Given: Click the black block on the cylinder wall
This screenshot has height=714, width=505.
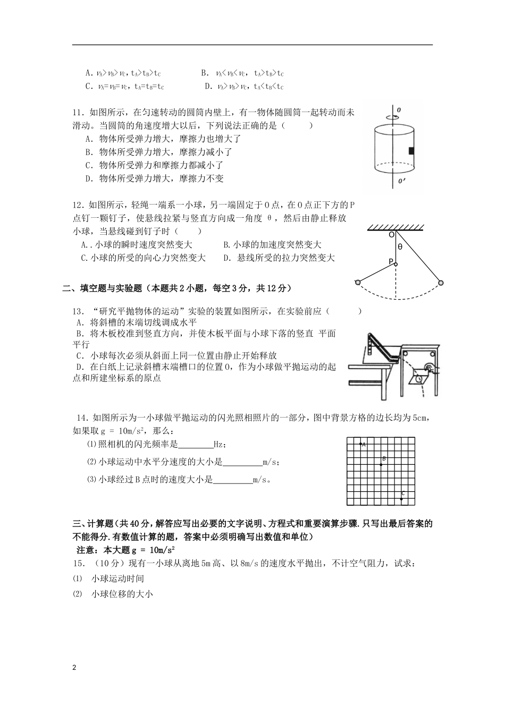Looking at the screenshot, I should [x=411, y=151].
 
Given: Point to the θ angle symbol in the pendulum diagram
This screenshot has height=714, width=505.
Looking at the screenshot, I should [x=400, y=247].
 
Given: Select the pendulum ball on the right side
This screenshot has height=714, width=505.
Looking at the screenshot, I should [x=441, y=282].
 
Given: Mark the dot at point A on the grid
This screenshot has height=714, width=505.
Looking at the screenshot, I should [x=360, y=444].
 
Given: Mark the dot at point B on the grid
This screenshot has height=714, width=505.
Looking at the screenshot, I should [x=381, y=465].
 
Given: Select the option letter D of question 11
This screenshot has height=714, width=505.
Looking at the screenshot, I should [x=89, y=178].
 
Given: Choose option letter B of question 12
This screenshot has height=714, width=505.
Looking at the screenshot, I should [x=226, y=245].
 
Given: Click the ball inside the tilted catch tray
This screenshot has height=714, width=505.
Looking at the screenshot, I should [x=419, y=379].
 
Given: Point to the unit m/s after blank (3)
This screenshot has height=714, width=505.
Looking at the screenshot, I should [x=261, y=480].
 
